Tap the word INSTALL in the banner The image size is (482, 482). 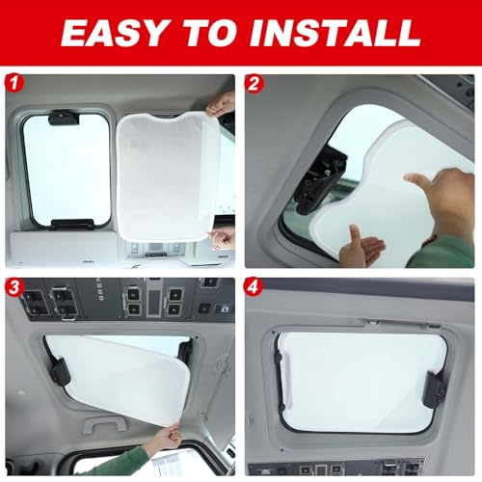tap(335, 33)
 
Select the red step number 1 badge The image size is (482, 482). tap(13, 83)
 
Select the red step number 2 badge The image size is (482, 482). tap(254, 83)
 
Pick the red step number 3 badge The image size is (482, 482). tap(13, 286)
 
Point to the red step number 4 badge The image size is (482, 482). tap(254, 286)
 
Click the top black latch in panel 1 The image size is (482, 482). tap(64, 118)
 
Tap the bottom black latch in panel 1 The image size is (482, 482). tap(71, 225)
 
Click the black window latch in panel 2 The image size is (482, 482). tap(320, 181)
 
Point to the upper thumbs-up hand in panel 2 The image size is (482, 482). tap(441, 200)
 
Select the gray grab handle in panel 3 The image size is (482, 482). tap(105, 424)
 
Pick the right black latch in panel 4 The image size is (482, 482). tap(435, 389)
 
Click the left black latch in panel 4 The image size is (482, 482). tap(279, 379)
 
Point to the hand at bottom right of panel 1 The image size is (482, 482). tap(222, 238)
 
